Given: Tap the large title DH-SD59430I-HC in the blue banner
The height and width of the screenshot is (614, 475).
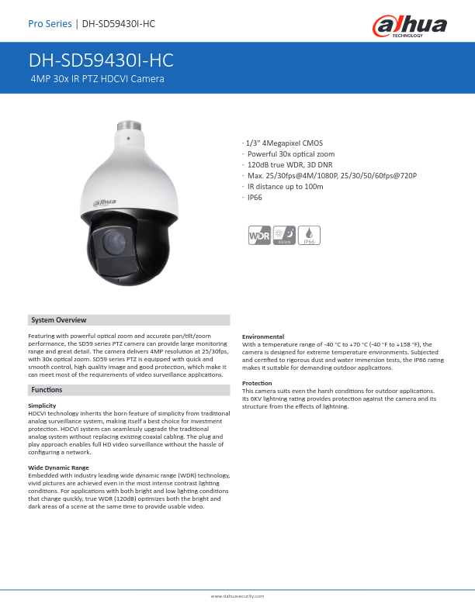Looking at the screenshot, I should [101, 61].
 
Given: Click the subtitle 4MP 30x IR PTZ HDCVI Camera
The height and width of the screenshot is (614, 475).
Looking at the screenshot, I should [97, 79].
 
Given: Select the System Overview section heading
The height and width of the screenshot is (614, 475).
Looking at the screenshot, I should [59, 320].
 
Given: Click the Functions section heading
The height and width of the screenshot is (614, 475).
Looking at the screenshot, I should [47, 389].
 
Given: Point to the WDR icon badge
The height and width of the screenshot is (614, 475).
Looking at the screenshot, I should [258, 236].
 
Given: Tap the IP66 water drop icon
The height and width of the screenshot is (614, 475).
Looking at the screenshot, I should [309, 236].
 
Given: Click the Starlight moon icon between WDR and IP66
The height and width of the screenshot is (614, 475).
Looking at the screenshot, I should [283, 236].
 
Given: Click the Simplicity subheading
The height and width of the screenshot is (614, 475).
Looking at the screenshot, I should [42, 405].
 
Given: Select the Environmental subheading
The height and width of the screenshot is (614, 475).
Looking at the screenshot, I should [263, 336].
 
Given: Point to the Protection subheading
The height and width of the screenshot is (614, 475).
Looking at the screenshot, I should [257, 383].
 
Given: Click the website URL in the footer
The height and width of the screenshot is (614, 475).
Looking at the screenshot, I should [237, 596].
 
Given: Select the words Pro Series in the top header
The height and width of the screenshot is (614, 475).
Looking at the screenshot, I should [50, 24].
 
